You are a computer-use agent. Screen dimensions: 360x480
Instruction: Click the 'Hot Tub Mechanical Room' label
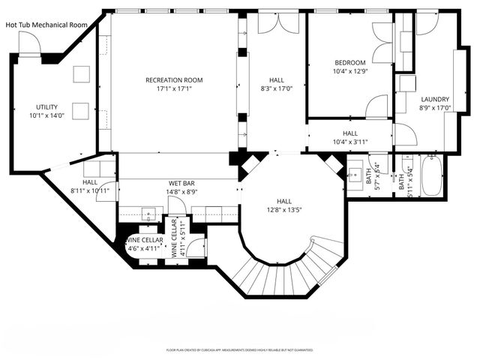(46, 25)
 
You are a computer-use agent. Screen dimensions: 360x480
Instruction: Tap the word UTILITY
(46, 107)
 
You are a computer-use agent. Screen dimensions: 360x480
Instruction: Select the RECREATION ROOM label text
(174, 80)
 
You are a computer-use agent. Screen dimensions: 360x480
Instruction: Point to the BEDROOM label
(349, 62)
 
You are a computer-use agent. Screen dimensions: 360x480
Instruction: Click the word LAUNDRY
(435, 99)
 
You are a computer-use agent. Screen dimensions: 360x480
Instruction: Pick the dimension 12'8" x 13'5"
(284, 210)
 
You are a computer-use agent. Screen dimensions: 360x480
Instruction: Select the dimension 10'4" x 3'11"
(349, 141)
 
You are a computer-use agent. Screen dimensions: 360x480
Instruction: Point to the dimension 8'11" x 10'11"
(90, 190)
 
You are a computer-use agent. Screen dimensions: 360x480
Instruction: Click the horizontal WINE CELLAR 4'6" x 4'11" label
(142, 243)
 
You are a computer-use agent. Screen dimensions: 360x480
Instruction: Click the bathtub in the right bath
(430, 178)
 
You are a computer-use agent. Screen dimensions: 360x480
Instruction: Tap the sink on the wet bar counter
(148, 214)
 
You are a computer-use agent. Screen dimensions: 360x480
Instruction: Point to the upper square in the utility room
(81, 73)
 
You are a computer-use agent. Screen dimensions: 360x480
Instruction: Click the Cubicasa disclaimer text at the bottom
(239, 349)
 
